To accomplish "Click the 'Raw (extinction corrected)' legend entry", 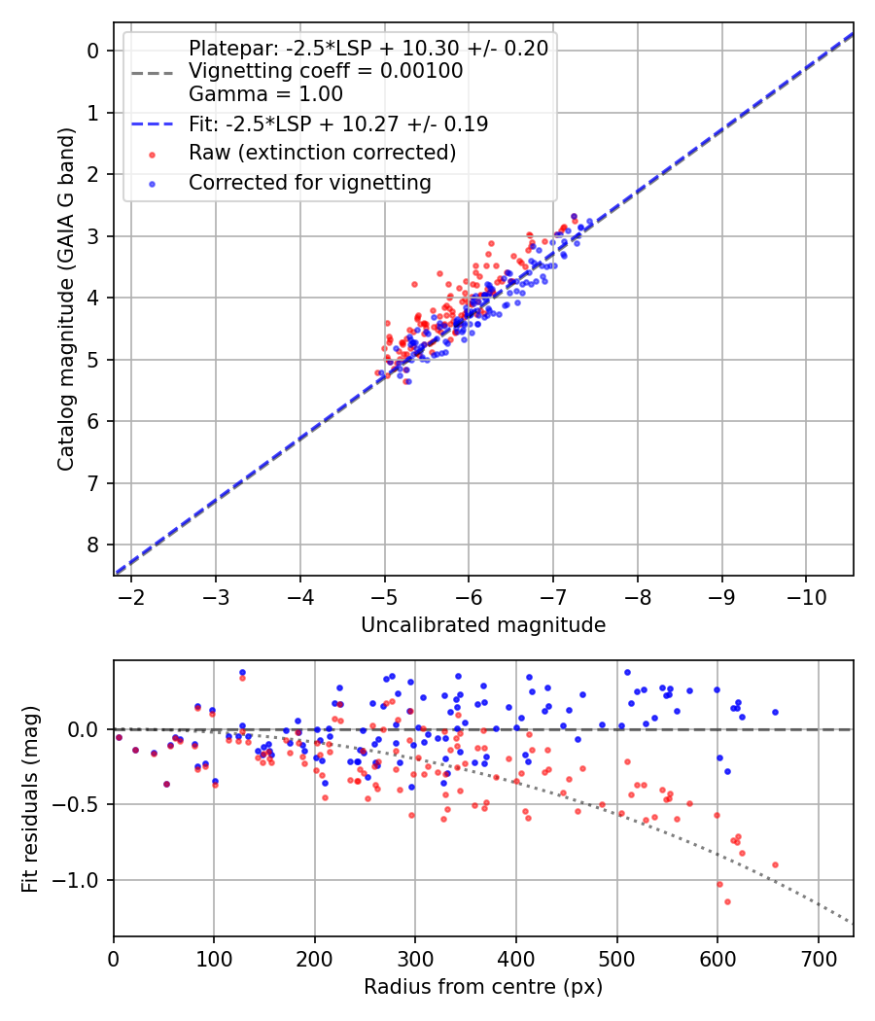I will click(322, 153).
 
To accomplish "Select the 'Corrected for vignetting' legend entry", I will click(310, 183).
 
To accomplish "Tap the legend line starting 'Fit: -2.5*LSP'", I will click(338, 123).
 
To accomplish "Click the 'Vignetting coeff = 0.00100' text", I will click(326, 71).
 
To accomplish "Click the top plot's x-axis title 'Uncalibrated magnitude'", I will click(483, 625).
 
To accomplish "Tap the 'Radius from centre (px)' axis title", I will click(483, 987).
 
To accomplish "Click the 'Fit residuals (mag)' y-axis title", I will click(30, 798).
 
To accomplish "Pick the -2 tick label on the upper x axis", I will click(132, 595).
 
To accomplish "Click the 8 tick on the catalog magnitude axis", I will click(93, 545).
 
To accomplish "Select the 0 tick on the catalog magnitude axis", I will click(93, 51).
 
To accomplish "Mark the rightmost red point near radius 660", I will click(775, 864).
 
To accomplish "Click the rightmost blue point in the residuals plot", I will click(775, 712).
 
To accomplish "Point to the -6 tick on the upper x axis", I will click(469, 595).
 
